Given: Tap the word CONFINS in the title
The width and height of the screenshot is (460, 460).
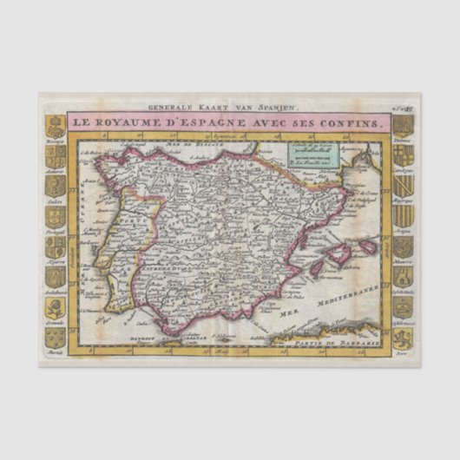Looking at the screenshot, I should click(x=354, y=124).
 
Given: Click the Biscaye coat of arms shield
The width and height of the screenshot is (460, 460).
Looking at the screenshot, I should click(x=56, y=125).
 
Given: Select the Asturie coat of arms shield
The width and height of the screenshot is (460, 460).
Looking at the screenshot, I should click(x=56, y=154).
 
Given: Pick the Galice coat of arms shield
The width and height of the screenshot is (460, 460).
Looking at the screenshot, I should click(x=56, y=185).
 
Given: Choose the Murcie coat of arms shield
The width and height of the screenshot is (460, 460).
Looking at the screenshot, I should click(x=56, y=338).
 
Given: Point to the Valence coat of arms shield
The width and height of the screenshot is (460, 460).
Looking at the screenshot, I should click(x=401, y=125).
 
